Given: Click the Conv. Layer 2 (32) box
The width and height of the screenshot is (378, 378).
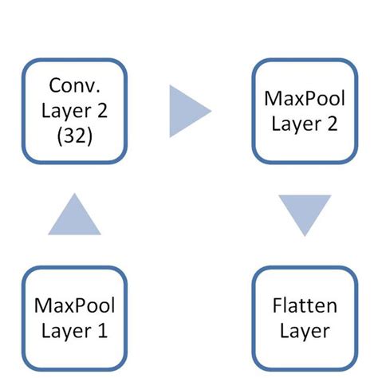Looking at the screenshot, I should (x=74, y=110).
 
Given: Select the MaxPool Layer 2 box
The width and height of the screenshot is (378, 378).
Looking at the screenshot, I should (x=303, y=110).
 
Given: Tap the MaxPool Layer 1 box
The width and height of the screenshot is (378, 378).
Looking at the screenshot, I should (x=74, y=317).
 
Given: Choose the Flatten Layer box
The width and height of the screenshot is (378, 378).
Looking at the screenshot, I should (x=303, y=317).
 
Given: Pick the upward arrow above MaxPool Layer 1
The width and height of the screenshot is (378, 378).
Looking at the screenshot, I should (x=74, y=215).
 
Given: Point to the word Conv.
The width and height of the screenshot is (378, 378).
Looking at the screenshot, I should (x=75, y=85).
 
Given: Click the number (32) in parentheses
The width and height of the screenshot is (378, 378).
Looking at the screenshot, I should (x=75, y=136).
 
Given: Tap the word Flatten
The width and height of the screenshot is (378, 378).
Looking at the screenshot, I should (x=304, y=305).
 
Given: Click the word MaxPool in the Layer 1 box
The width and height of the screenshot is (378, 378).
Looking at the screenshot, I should (x=75, y=305).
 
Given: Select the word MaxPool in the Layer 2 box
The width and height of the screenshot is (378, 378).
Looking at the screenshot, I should (x=304, y=99).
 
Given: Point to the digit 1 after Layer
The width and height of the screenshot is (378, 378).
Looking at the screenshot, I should (x=102, y=330).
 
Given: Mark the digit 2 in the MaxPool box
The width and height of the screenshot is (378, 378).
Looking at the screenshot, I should (x=332, y=124).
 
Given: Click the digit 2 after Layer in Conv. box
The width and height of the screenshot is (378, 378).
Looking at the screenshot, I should (x=103, y=111).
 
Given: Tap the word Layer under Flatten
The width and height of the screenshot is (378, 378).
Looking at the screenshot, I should (x=304, y=330).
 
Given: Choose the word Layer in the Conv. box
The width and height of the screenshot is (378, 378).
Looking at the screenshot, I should (x=66, y=111).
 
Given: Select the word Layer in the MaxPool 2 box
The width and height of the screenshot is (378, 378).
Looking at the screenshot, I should (x=295, y=124).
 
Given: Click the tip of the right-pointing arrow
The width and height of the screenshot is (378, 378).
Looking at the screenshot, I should (x=210, y=110).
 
